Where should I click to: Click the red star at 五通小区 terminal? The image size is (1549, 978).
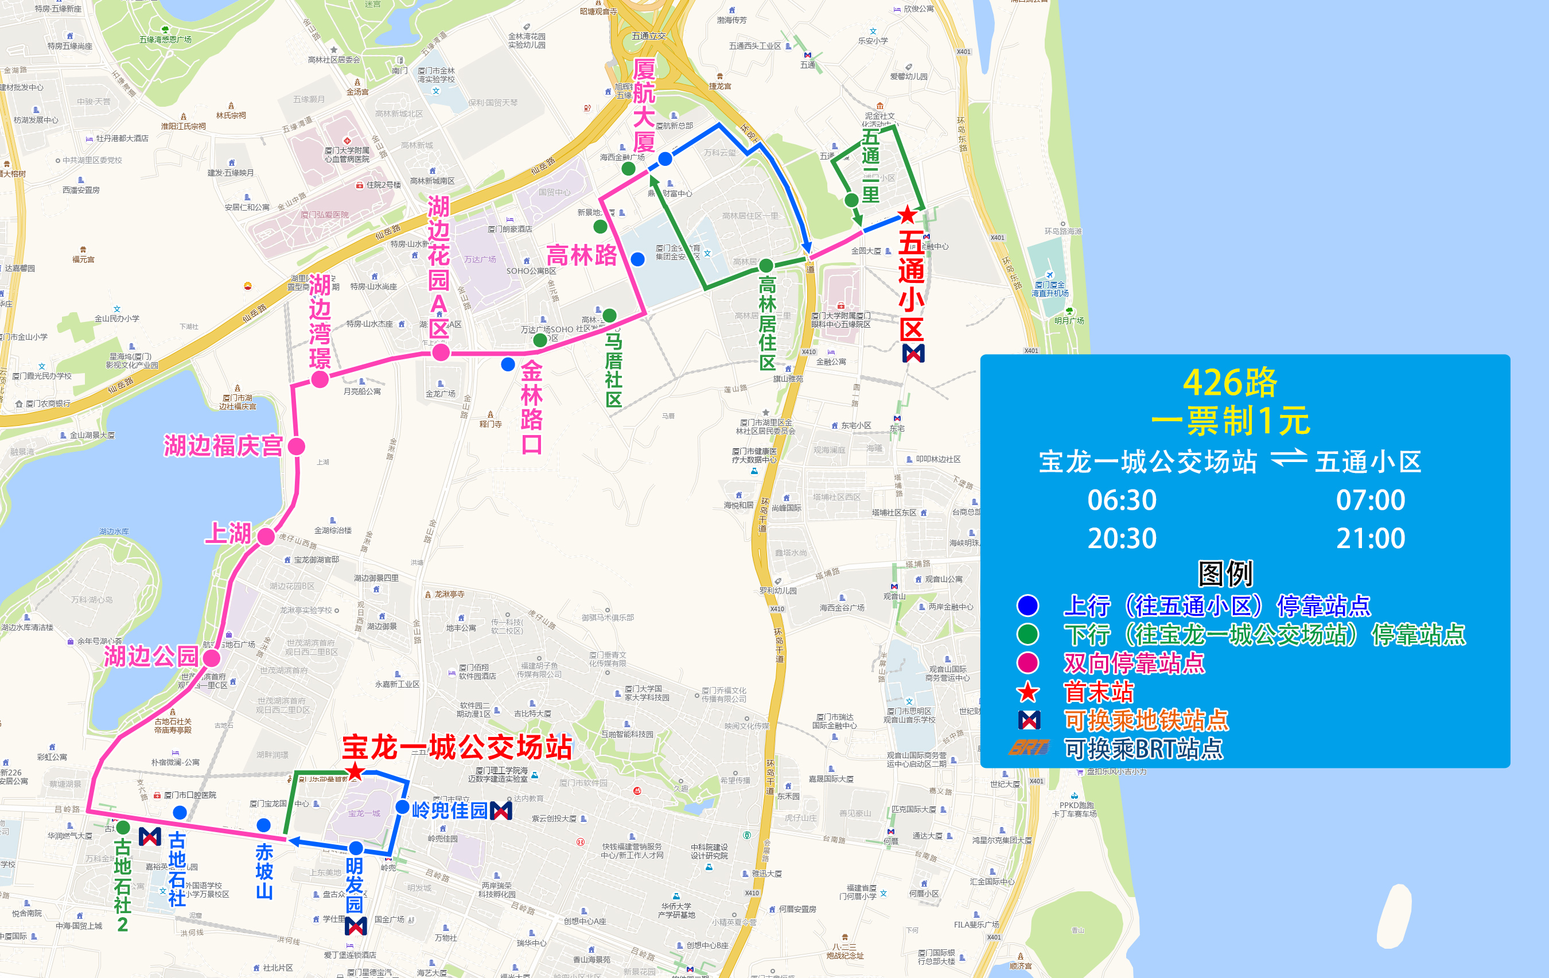coord(907,214)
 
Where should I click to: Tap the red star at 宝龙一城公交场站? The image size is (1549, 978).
coord(355,771)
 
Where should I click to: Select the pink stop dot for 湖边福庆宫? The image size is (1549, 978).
coord(297,446)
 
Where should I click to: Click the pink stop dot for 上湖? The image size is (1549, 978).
coord(266,536)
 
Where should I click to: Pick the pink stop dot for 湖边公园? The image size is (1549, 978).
coord(212,658)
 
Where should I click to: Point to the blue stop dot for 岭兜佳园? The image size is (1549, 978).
coord(403,807)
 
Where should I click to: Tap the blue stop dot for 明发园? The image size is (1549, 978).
coord(356,848)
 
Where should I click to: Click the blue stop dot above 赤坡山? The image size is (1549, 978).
coord(264,825)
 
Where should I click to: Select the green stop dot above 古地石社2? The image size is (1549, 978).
coord(123,827)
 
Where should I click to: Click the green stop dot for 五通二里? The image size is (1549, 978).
coord(851,200)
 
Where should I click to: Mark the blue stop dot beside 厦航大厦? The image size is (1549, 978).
coord(665,158)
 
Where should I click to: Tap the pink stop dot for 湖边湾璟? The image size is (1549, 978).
coord(320,379)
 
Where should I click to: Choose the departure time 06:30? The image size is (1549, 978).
coord(1121,500)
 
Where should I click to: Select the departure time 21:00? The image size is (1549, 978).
coord(1370,538)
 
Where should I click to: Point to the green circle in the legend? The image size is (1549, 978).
coord(1028,634)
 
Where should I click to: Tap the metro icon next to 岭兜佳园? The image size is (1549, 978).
coord(501,810)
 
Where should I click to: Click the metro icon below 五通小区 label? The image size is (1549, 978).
coord(913,352)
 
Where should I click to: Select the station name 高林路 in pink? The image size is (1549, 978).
coord(582,255)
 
